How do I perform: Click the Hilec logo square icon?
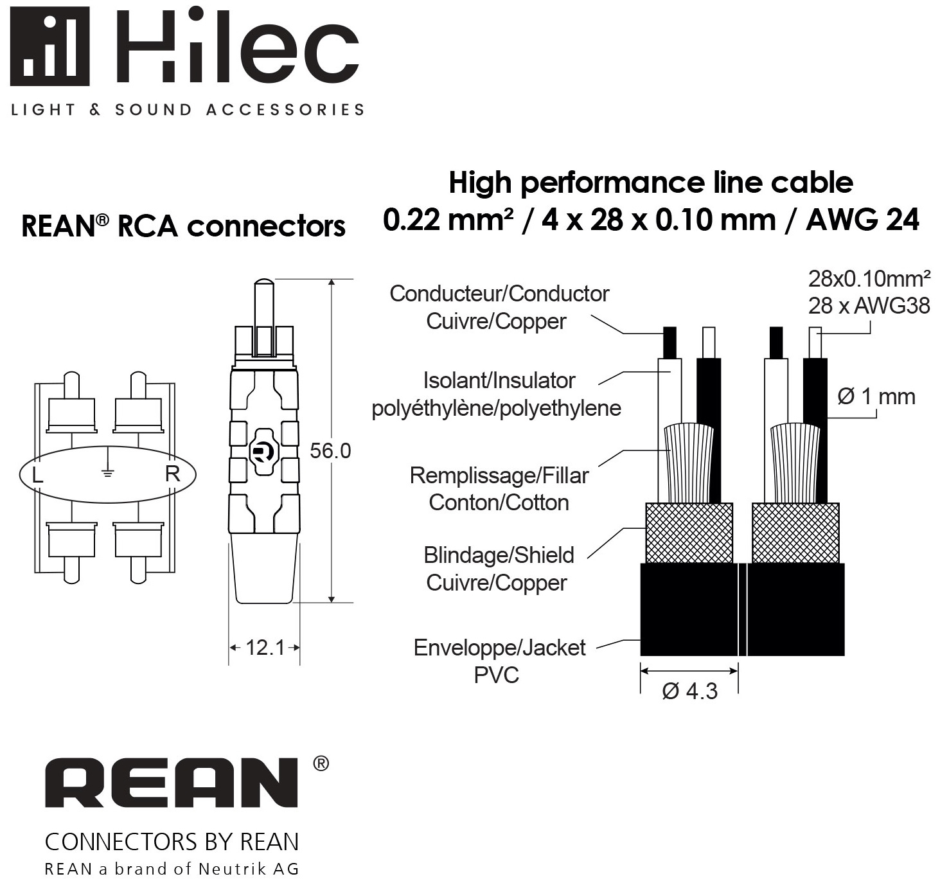[49, 46]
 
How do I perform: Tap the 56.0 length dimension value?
[330, 450]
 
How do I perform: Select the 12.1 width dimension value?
[265, 648]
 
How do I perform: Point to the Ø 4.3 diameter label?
[689, 691]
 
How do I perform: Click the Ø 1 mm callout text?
[876, 396]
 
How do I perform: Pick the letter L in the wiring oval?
[37, 475]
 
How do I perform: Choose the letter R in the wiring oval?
[173, 474]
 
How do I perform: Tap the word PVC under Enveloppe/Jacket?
[496, 675]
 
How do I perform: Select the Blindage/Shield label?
[499, 556]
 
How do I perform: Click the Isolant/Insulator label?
[499, 381]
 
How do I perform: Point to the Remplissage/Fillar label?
[499, 476]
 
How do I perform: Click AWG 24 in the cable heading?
[862, 220]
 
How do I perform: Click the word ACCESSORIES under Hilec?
[285, 110]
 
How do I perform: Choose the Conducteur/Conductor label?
[499, 294]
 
